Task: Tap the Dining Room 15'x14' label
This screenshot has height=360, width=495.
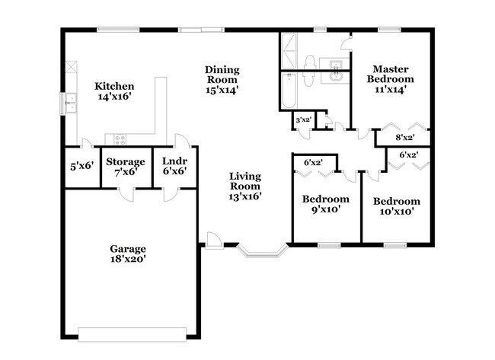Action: (x=222, y=79)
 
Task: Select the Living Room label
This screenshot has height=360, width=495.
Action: (x=245, y=186)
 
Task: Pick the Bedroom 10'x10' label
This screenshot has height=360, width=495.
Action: (x=396, y=206)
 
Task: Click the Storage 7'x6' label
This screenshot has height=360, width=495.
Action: (x=125, y=166)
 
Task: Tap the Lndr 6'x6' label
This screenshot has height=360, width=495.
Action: (x=175, y=166)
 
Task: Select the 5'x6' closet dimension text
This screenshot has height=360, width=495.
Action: (x=81, y=166)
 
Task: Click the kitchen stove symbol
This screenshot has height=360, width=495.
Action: (x=120, y=139)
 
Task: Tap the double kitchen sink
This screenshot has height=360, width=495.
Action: (x=70, y=103)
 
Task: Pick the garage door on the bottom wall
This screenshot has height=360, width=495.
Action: (x=133, y=332)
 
